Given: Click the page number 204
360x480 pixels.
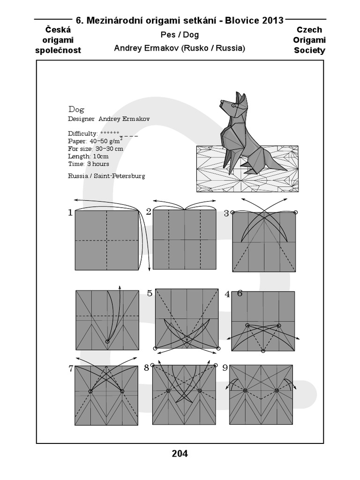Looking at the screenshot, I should point(180,453).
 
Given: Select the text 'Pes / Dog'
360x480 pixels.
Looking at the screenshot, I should point(180,35).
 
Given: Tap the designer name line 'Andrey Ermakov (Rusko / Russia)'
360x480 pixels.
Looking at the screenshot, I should point(180,48).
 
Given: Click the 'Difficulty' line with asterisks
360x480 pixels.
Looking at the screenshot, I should point(94,133).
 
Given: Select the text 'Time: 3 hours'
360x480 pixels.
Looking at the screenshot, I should point(88,164).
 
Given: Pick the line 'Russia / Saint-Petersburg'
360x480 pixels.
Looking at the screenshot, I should point(106,176).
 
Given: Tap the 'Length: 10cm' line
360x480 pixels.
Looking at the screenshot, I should point(88,156).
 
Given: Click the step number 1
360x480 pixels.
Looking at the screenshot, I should point(70,213).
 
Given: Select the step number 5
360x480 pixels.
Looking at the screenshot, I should point(150,293).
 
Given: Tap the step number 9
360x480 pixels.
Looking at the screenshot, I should point(225,368).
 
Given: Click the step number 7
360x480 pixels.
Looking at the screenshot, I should point(71,368).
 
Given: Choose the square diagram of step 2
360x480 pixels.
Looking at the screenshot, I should point(184,240).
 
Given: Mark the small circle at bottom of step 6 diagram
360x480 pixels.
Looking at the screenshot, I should point(263,351).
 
